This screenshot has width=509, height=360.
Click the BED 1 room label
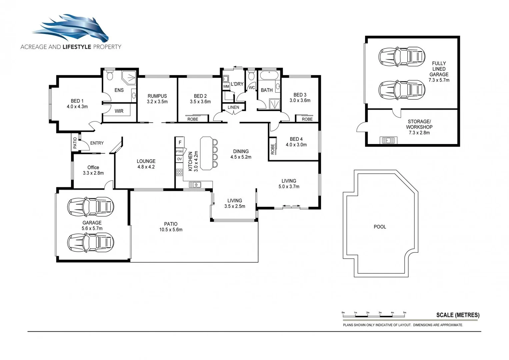(x=77, y=101)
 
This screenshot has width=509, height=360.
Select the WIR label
(x=119, y=111)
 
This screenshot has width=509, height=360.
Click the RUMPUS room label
(x=157, y=96)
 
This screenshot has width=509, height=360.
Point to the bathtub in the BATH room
(x=269, y=75)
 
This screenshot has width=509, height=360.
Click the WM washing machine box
(x=226, y=86)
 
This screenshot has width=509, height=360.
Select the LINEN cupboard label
(x=233, y=107)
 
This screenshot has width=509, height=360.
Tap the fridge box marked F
(x=180, y=142)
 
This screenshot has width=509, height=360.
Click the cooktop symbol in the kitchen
(x=179, y=172)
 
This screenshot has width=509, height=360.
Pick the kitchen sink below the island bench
(x=195, y=184)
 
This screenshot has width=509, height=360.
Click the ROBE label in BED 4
(x=273, y=149)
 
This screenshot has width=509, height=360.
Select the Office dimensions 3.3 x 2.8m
(x=93, y=173)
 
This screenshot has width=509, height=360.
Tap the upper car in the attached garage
(x=91, y=207)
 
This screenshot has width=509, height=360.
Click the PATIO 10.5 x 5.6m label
(x=171, y=227)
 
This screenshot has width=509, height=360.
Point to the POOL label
(x=380, y=227)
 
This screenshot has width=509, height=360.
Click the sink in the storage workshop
(x=388, y=140)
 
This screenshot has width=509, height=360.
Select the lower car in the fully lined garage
(x=402, y=90)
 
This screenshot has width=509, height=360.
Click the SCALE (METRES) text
(x=458, y=315)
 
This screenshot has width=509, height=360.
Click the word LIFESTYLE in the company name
(x=77, y=47)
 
